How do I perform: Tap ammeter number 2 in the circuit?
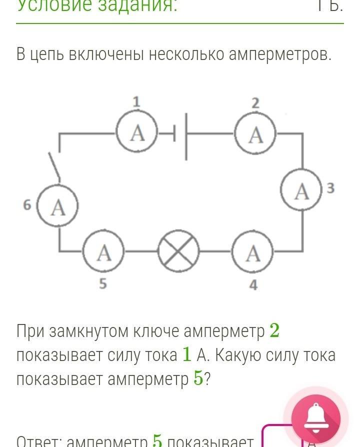(255, 134)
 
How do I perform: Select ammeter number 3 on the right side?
(301, 191)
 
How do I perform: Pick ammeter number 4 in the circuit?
(253, 253)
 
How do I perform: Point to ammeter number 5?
(103, 253)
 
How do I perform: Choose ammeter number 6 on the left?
(58, 206)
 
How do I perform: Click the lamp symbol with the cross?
(178, 252)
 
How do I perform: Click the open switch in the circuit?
(55, 167)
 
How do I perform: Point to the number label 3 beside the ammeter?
(330, 188)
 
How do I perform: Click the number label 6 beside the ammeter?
(27, 204)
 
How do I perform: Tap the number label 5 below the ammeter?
(102, 284)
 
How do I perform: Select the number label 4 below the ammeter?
(253, 285)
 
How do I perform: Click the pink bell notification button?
(315, 419)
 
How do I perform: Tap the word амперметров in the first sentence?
(280, 54)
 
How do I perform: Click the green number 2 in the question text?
(274, 330)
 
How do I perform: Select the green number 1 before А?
(186, 354)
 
